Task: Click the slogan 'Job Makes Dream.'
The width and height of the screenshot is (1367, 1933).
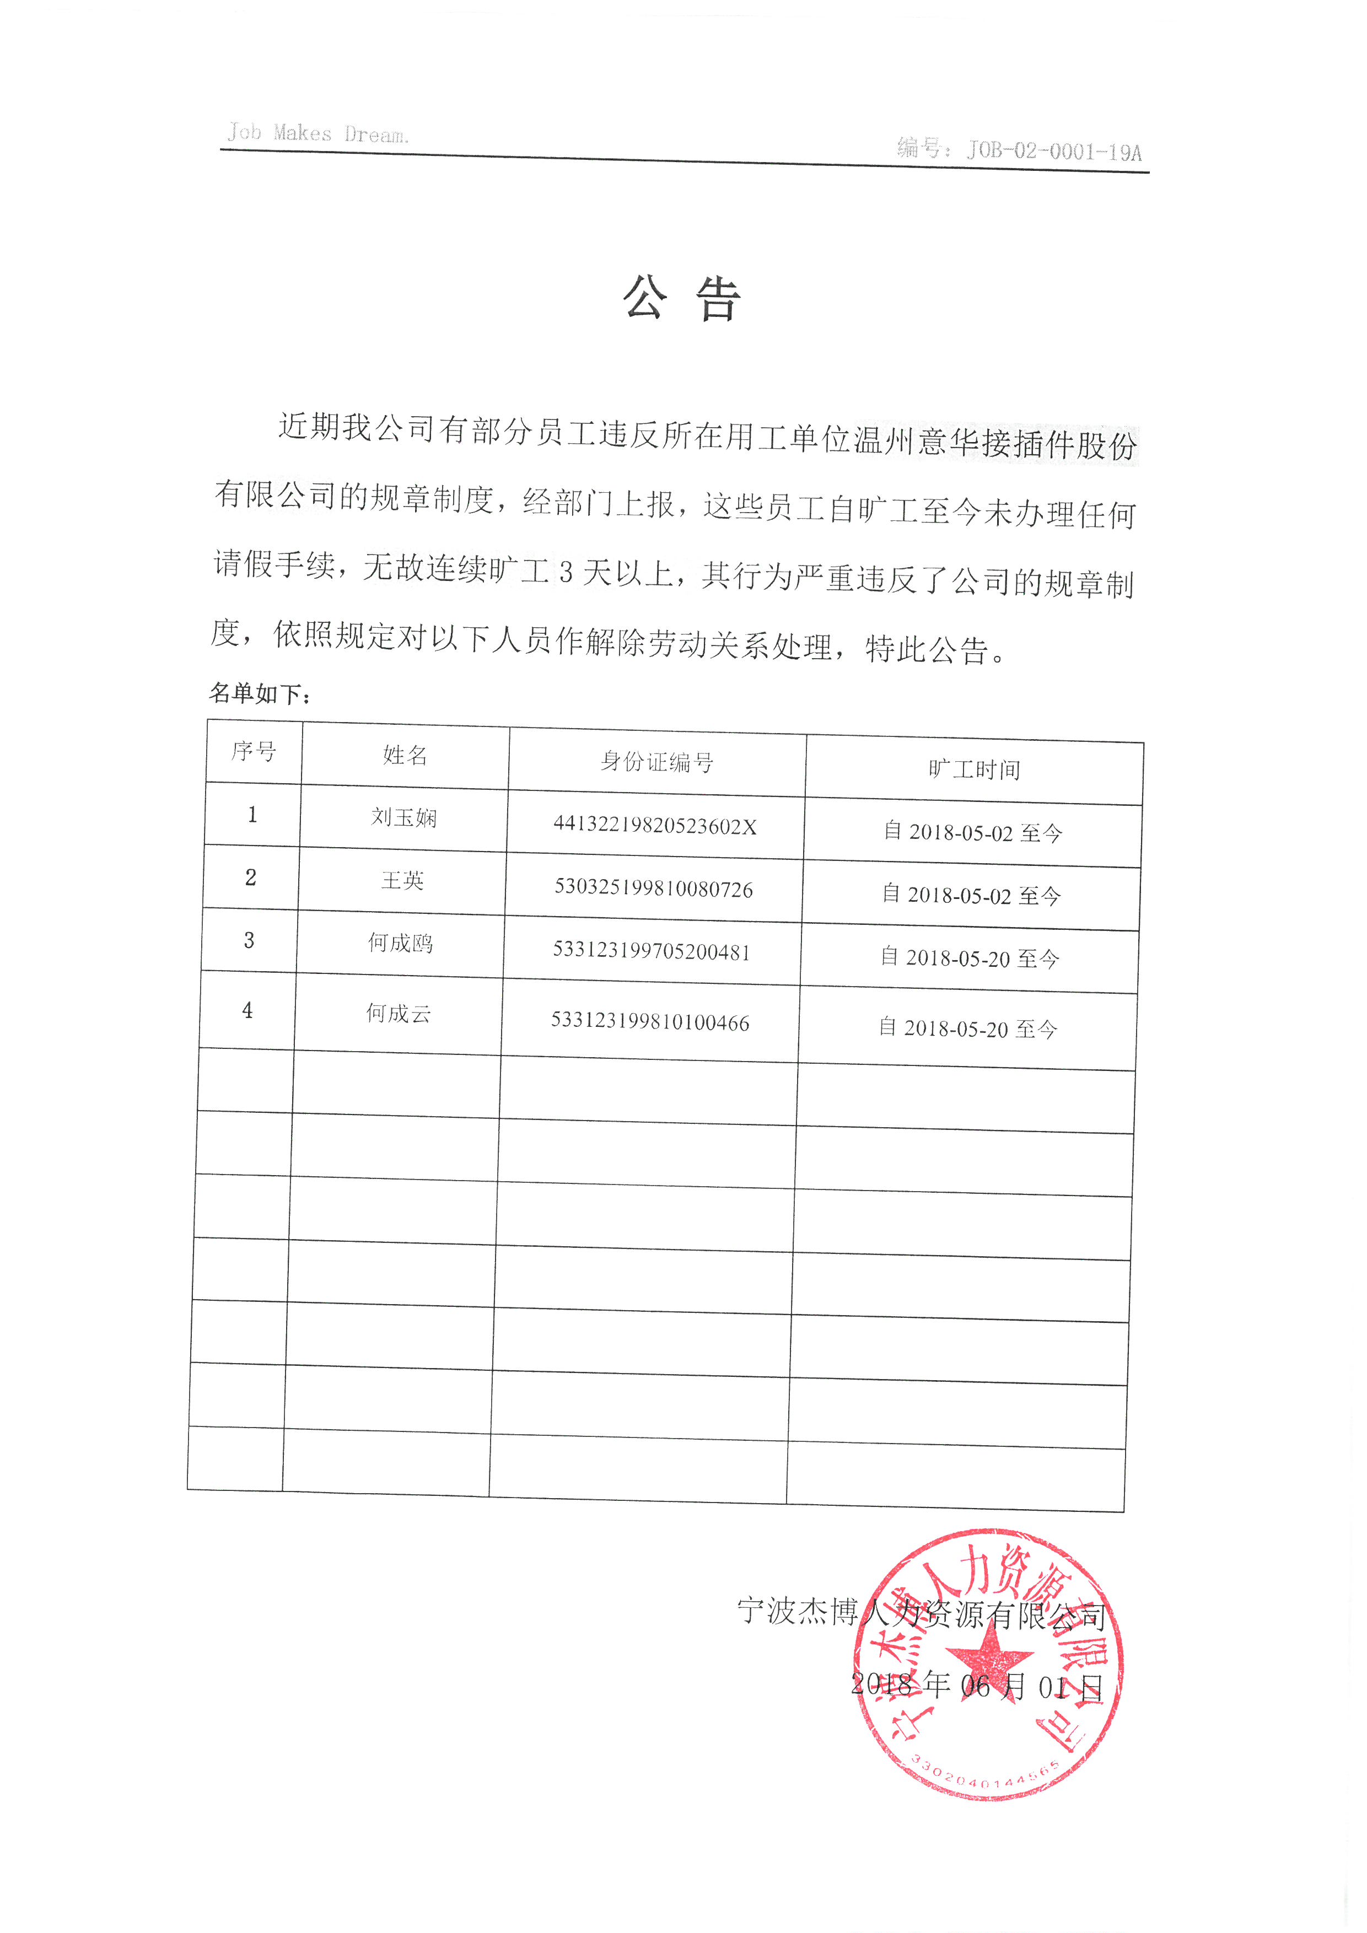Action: pyautogui.click(x=318, y=133)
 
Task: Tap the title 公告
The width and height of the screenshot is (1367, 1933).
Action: pyautogui.click(x=682, y=298)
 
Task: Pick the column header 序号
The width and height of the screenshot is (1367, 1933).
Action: pyautogui.click(x=254, y=751)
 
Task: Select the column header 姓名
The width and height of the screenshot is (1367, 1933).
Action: pyautogui.click(x=405, y=755)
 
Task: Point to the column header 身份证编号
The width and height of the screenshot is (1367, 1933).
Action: pyautogui.click(x=656, y=762)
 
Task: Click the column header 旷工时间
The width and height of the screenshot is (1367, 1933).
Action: pyautogui.click(x=974, y=769)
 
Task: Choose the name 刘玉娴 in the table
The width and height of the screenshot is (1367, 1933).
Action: pyautogui.click(x=404, y=817)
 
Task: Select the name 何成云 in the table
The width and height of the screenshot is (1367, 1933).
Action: pyautogui.click(x=398, y=1014)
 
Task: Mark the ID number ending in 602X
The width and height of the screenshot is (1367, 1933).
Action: pyautogui.click(x=655, y=826)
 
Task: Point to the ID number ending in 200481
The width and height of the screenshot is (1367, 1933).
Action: pyautogui.click(x=652, y=951)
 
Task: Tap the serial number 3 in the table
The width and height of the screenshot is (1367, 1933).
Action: pyautogui.click(x=249, y=940)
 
